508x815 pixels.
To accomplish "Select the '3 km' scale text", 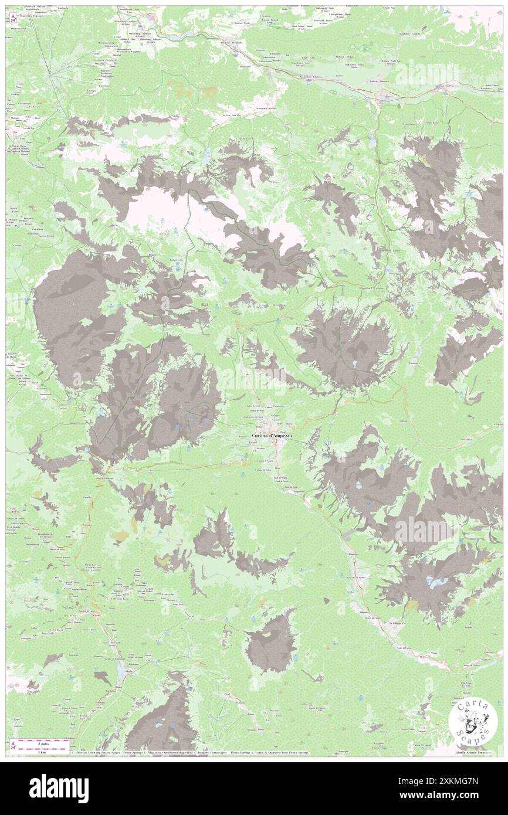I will click(25, 751).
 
